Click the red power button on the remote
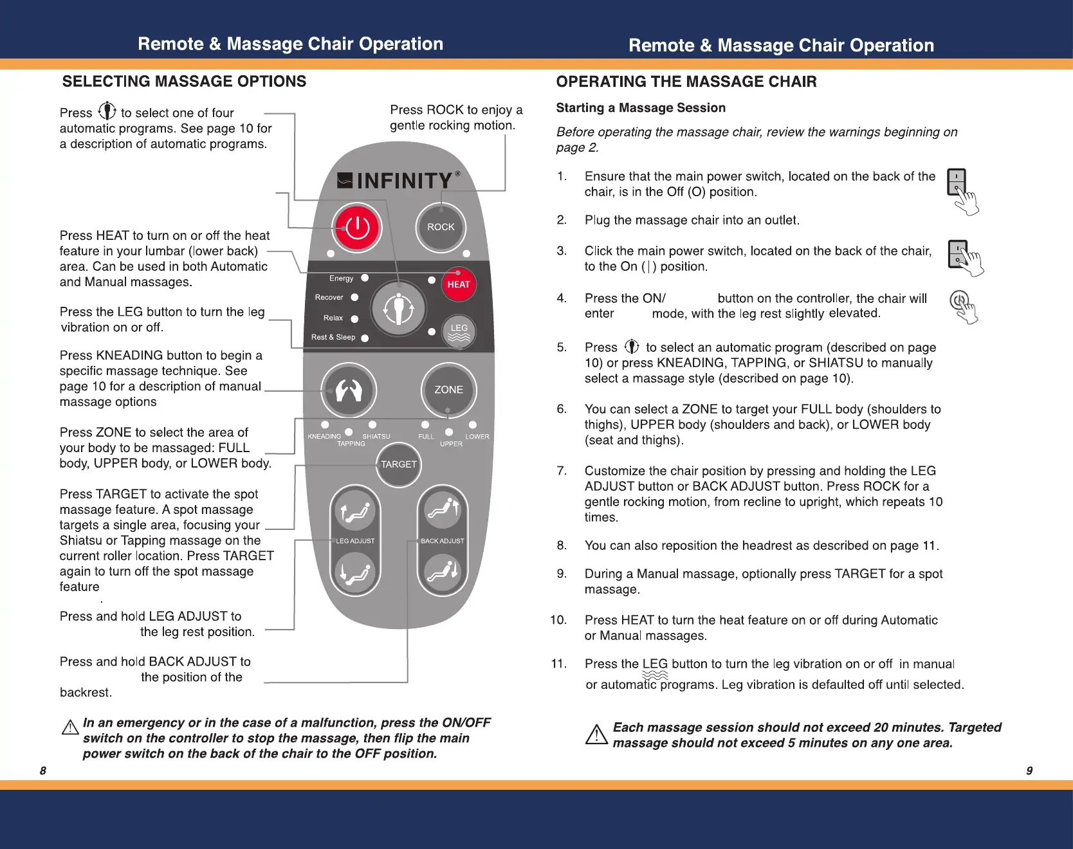click(357, 228)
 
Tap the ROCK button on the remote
click(441, 227)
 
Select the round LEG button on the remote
click(459, 331)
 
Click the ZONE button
click(448, 390)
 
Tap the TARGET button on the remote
click(399, 464)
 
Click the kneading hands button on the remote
click(349, 390)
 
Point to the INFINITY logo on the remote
click(399, 181)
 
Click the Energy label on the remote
click(341, 278)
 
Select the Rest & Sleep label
click(333, 337)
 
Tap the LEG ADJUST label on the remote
click(355, 541)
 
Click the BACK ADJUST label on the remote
click(442, 541)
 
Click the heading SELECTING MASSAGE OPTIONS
click(184, 82)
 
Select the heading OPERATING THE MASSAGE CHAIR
click(686, 82)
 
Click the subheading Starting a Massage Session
click(641, 108)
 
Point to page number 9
click(1029, 771)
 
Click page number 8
click(43, 771)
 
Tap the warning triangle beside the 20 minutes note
click(596, 735)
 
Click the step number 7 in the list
click(562, 471)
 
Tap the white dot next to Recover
click(354, 297)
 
